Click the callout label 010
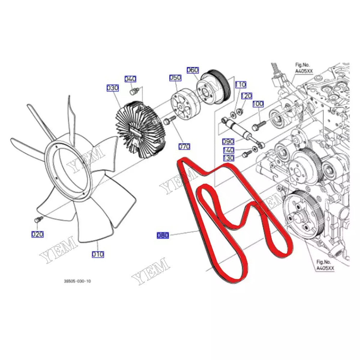coord(98,254)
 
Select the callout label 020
coord(37,234)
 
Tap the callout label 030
coord(112,88)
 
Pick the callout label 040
coord(130,79)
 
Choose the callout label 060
coord(192,70)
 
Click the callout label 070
coord(184,147)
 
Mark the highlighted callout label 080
coord(163,235)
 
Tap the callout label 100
coord(258,104)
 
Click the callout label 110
coord(240,85)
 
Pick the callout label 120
coord(247,96)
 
